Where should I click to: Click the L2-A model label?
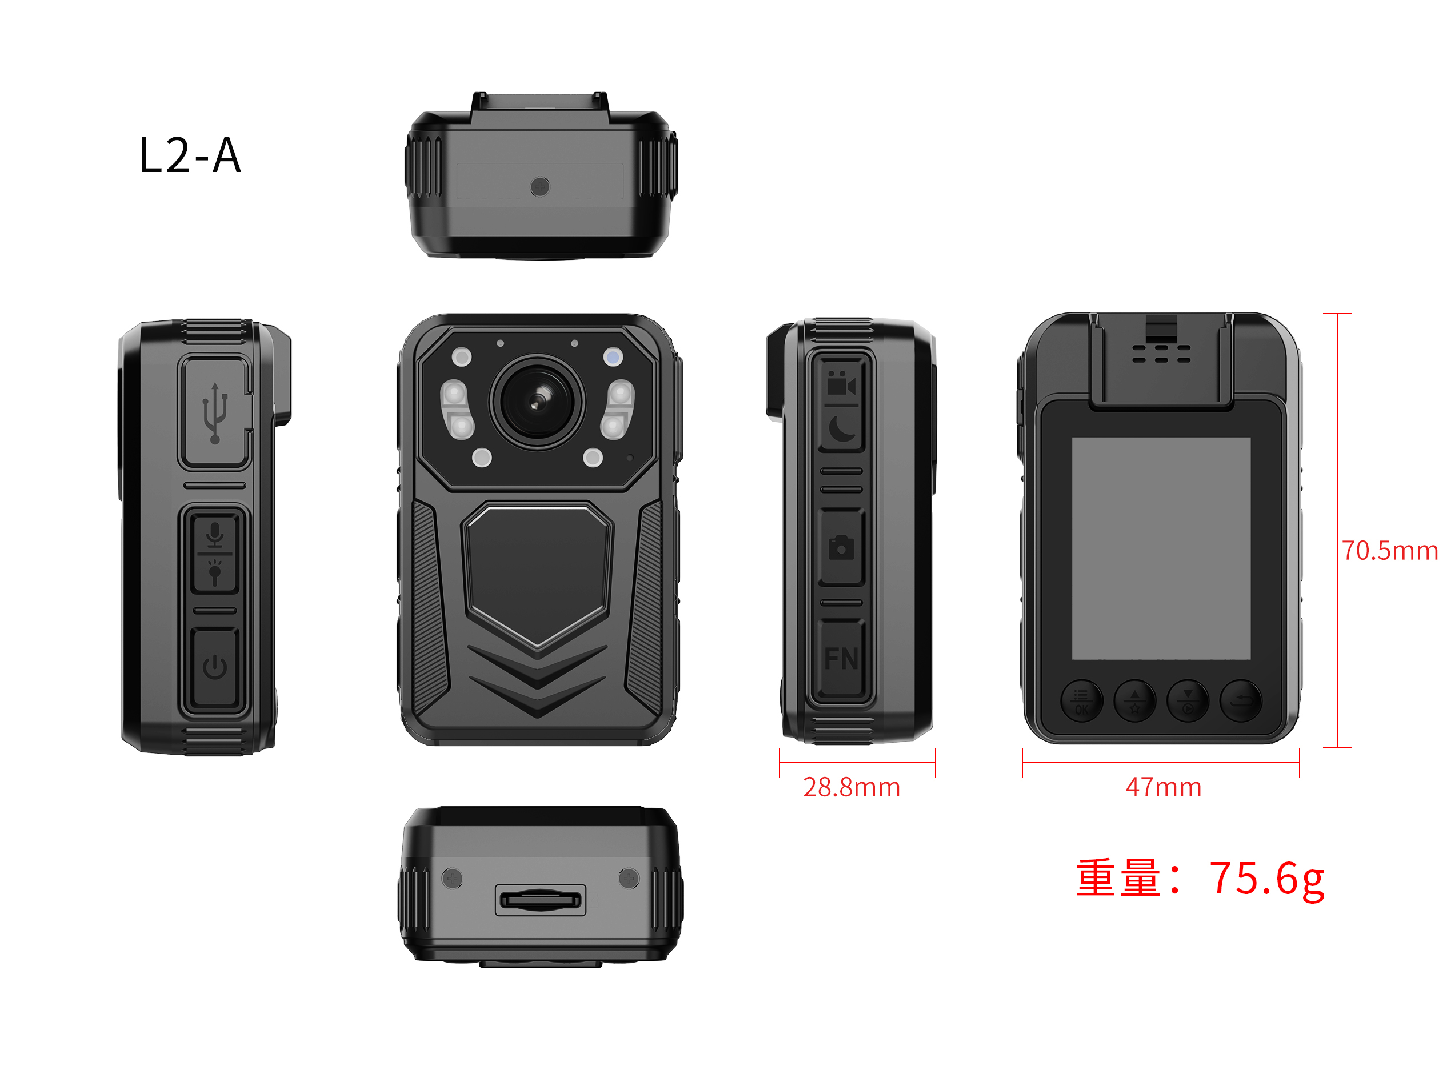tap(190, 155)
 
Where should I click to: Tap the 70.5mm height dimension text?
tap(1390, 551)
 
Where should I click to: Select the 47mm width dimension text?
tap(1164, 787)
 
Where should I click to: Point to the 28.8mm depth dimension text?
tap(852, 787)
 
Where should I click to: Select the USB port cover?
tap(215, 411)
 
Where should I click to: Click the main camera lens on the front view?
tap(537, 402)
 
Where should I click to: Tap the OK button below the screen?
tap(1081, 702)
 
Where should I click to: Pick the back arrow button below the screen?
tap(1241, 701)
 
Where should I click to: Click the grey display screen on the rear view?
tap(1161, 548)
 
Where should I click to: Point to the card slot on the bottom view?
tap(541, 900)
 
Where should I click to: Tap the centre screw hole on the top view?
tap(540, 187)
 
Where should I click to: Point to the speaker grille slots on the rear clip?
tap(1161, 354)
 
